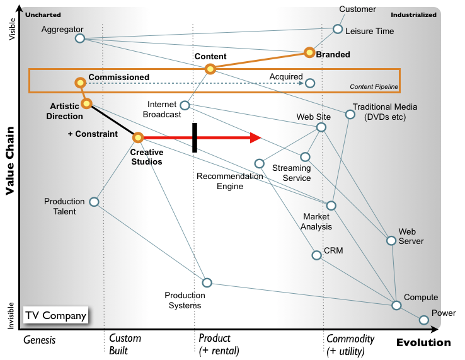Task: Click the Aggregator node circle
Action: pyautogui.click(x=80, y=38)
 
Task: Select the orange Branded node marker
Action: pyautogui.click(x=309, y=52)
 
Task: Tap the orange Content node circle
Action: pyautogui.click(x=210, y=69)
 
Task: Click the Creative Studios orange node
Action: pyautogui.click(x=138, y=137)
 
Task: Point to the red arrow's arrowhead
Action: pyautogui.click(x=255, y=137)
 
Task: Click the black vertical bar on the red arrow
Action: pyautogui.click(x=195, y=137)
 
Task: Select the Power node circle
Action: pyautogui.click(x=423, y=320)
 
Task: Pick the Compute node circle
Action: pyautogui.click(x=396, y=305)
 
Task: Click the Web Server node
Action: pyautogui.click(x=391, y=241)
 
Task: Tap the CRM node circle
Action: pyautogui.click(x=316, y=255)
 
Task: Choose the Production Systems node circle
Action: pyautogui.click(x=207, y=282)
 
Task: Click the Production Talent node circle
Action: pyautogui.click(x=94, y=202)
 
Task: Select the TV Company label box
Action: pyautogui.click(x=56, y=315)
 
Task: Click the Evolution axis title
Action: pyautogui.click(x=423, y=343)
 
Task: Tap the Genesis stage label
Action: pyautogui.click(x=40, y=340)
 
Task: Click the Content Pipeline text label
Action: pyautogui.click(x=374, y=86)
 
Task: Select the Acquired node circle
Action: pyautogui.click(x=310, y=83)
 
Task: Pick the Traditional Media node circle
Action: pyautogui.click(x=350, y=114)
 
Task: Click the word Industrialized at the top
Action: pyautogui.click(x=413, y=15)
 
